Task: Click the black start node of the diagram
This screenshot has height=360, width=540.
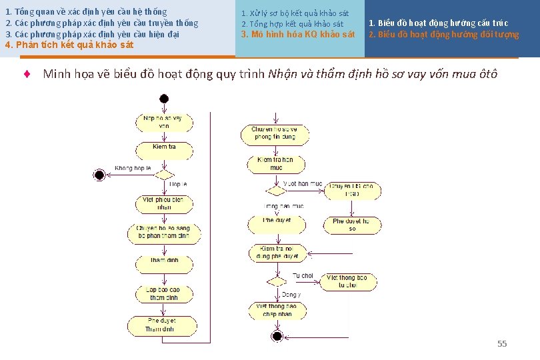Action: coord(164,99)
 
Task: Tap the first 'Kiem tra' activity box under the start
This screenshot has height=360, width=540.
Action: coord(164,147)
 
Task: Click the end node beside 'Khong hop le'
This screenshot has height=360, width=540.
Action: coord(100,175)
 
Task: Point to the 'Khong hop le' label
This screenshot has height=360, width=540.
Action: coord(133,169)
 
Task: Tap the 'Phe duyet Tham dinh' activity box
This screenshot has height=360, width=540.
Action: coord(161,325)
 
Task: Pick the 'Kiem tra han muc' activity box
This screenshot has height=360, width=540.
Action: coord(275,164)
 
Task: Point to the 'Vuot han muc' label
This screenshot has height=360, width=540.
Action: coord(303,183)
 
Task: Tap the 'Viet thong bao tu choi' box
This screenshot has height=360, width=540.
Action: coord(349,281)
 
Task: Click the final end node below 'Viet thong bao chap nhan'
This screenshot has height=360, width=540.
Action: coord(277,335)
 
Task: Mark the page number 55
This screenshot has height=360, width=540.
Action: coord(502,343)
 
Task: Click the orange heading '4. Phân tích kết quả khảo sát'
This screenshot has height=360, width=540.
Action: coord(69,45)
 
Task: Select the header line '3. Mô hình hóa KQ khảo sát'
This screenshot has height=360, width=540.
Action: coord(298,34)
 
